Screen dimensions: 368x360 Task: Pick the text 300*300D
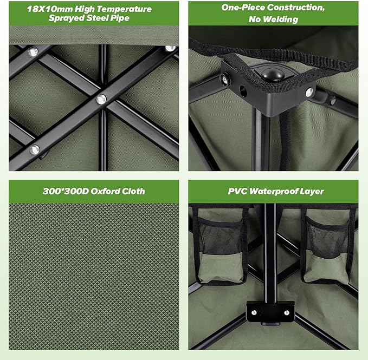pos(66,191)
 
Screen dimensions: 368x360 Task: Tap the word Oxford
pos(102,191)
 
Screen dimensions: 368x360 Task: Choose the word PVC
pos(237,192)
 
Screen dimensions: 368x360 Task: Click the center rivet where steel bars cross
pos(101,100)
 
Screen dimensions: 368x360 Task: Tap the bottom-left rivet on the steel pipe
pos(35,149)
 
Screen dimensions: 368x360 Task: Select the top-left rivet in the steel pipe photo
pos(33,52)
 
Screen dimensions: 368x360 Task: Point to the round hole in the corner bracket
pos(243,91)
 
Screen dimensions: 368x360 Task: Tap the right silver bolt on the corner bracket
pos(309,93)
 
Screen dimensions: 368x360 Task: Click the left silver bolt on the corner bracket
pos(225,79)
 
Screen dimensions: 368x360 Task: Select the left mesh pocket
pos(221,251)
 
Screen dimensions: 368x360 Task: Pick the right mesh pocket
pos(327,250)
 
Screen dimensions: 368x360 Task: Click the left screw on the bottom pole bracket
pos(254,312)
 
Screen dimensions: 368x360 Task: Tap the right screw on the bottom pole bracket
pos(287,312)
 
